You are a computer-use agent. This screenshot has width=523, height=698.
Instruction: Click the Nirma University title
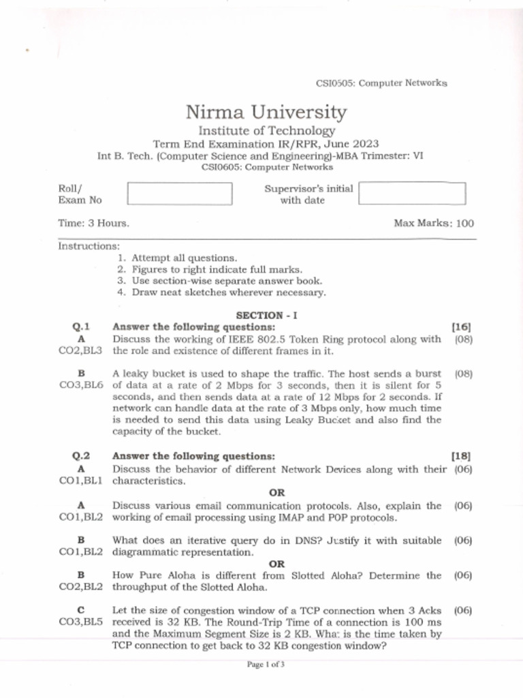(266, 112)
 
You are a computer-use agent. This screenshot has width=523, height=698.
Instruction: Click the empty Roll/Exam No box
(180, 194)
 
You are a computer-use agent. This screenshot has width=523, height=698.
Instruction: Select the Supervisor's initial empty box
(412, 194)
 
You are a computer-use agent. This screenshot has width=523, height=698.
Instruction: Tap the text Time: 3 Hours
(94, 223)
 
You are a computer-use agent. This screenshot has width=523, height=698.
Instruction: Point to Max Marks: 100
(434, 223)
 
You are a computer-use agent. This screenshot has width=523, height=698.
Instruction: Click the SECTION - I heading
(266, 316)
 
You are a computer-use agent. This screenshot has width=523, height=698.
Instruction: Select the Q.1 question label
(81, 327)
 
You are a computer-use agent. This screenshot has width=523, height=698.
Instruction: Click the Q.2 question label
(81, 456)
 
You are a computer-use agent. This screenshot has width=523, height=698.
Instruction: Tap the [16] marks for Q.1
(462, 327)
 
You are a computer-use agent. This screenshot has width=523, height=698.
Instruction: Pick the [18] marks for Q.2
(462, 456)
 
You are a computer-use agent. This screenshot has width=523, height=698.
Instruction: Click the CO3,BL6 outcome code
(81, 385)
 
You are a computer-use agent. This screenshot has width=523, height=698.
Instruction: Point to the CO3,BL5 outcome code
(81, 622)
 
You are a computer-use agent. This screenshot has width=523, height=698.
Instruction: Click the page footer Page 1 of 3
(266, 665)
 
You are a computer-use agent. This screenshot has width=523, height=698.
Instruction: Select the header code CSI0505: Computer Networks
(381, 83)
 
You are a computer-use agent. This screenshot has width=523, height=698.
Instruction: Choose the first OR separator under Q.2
(276, 493)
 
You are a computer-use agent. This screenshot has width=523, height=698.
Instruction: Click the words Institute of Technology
(266, 131)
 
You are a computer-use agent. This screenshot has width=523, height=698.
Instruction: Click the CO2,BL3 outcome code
(81, 350)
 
